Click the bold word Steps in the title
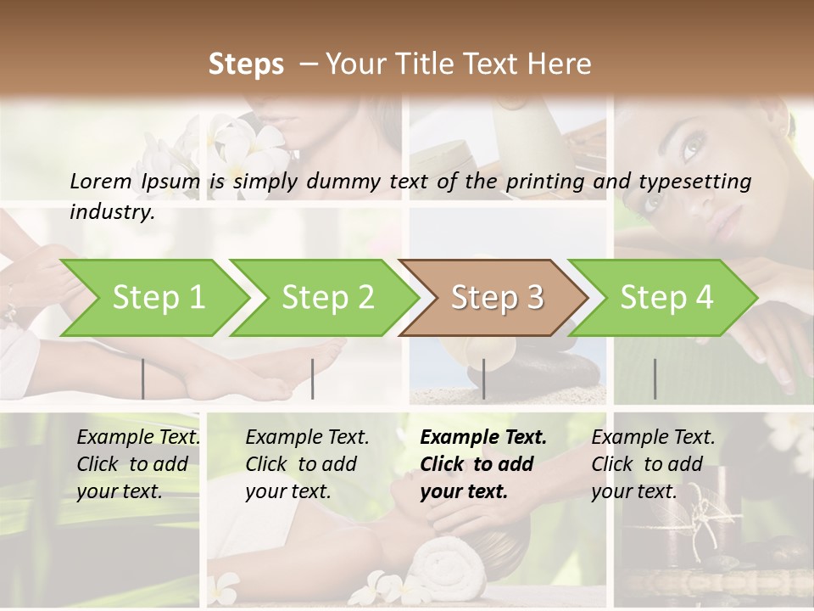pyautogui.click(x=246, y=64)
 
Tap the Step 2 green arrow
pyautogui.click(x=327, y=298)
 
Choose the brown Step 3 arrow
pyautogui.click(x=496, y=298)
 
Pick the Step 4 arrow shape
pyautogui.click(x=666, y=298)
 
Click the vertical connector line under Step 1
pyautogui.click(x=143, y=378)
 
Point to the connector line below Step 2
pyautogui.click(x=313, y=378)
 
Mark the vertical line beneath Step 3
pyautogui.click(x=483, y=378)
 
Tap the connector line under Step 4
pyautogui.click(x=655, y=378)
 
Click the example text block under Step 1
pyautogui.click(x=138, y=464)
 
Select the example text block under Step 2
pyautogui.click(x=307, y=464)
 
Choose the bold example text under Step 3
pyautogui.click(x=483, y=464)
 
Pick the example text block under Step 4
pyautogui.click(x=653, y=464)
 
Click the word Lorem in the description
pyautogui.click(x=101, y=181)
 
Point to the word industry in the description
pyautogui.click(x=111, y=212)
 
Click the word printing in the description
pyautogui.click(x=538, y=181)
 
